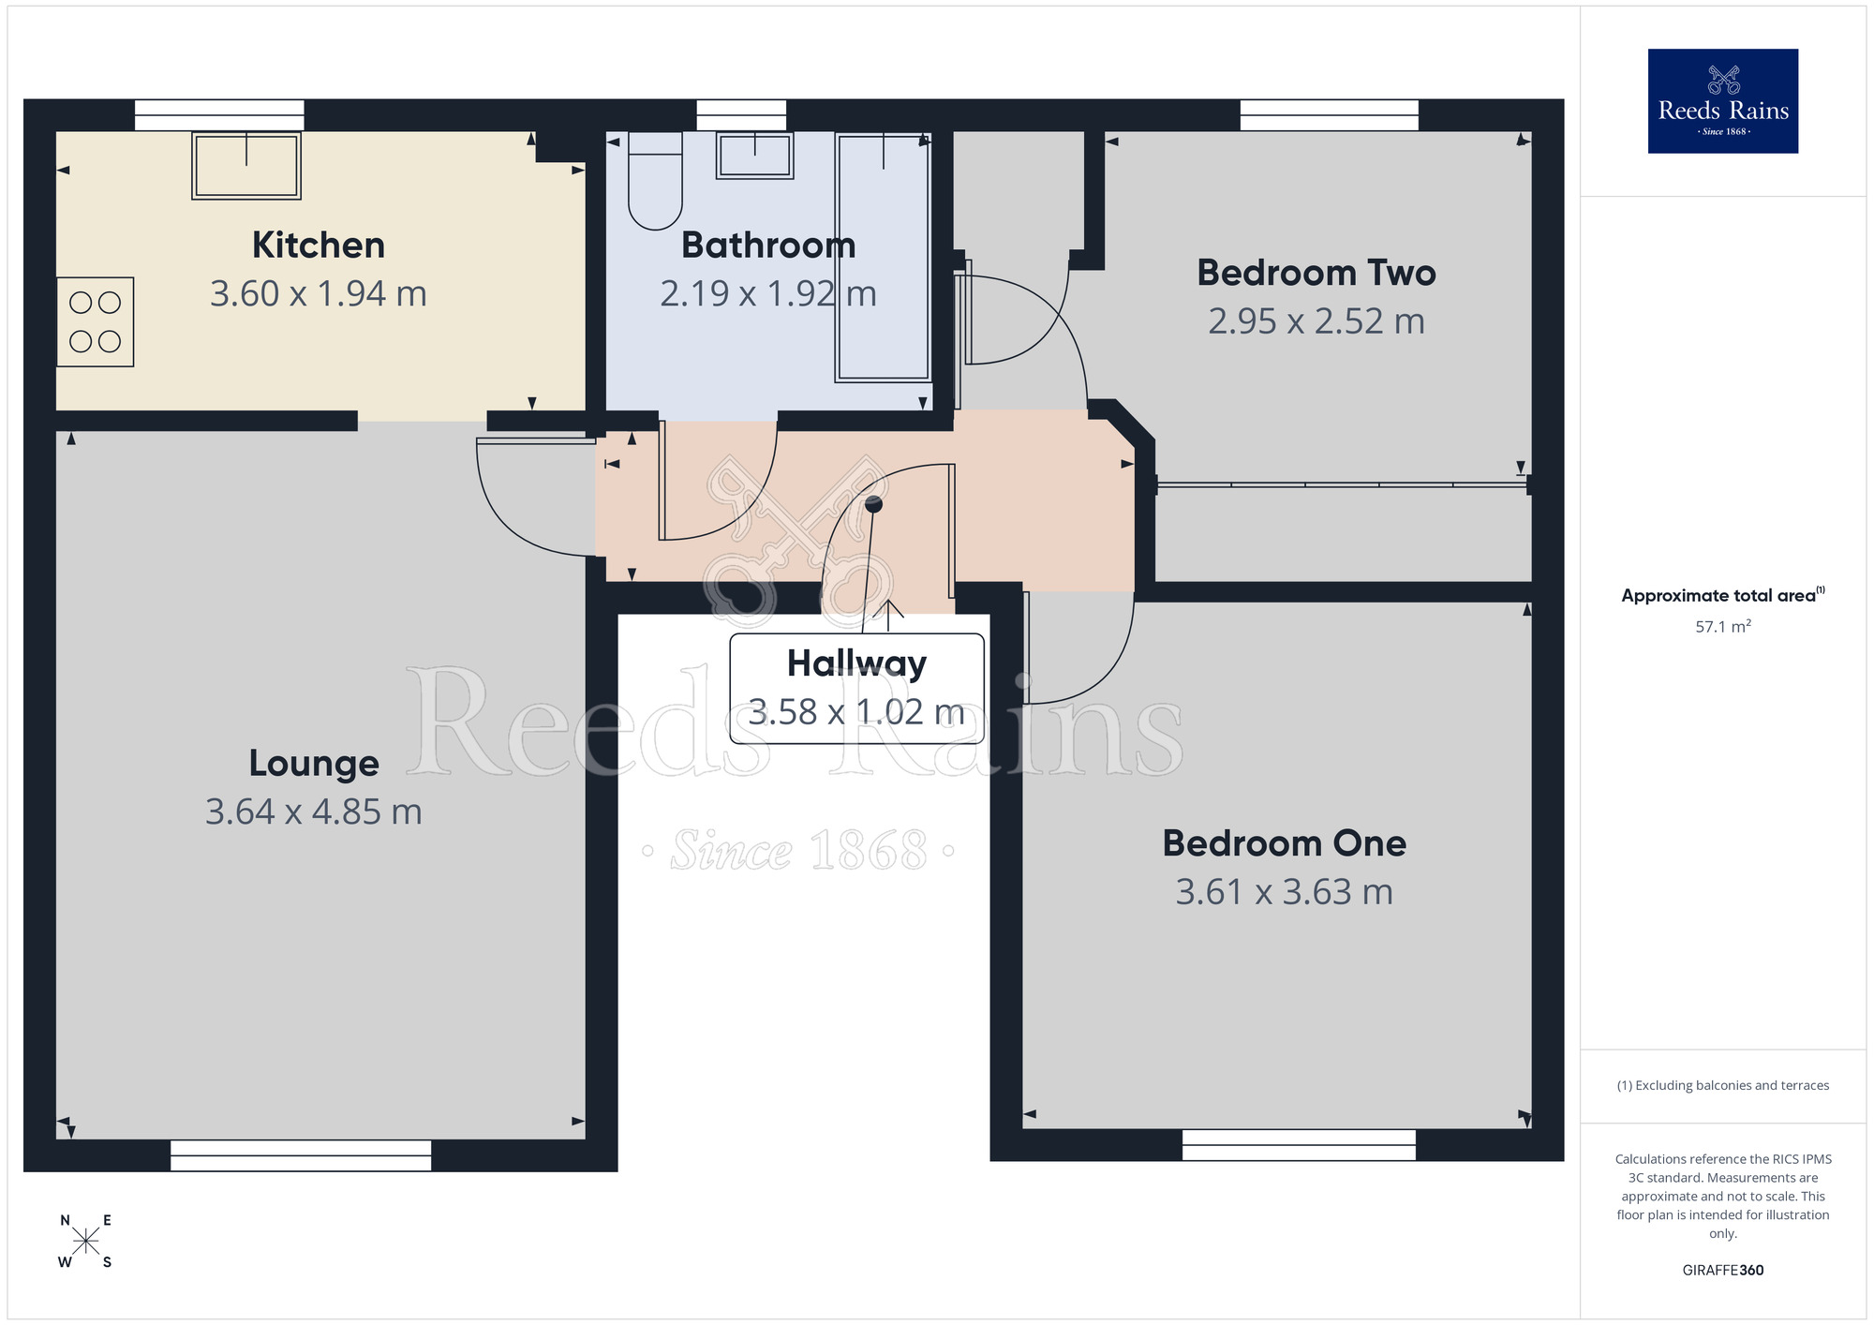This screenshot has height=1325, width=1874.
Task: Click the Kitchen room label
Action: click(318, 246)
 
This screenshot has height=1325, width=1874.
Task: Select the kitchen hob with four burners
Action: click(95, 321)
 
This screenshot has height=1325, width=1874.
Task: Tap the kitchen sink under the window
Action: click(246, 166)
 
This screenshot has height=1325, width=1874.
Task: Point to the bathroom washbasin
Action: click(754, 156)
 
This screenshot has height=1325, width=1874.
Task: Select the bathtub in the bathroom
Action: click(883, 258)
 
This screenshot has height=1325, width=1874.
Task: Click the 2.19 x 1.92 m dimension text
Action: click(767, 294)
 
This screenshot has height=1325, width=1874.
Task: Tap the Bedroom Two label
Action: click(1316, 273)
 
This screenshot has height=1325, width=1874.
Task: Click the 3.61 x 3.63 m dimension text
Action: click(1284, 892)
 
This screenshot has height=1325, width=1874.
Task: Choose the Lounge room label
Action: click(314, 764)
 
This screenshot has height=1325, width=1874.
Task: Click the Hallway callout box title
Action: click(856, 663)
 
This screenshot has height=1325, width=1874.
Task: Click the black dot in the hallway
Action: click(873, 505)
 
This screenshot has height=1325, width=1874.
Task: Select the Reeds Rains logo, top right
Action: click(1722, 101)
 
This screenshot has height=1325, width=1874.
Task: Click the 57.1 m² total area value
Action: click(1722, 627)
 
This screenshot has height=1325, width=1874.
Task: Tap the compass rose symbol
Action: click(85, 1242)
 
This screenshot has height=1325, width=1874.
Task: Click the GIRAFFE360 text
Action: click(1722, 1271)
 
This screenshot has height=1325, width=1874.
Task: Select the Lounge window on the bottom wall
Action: click(301, 1155)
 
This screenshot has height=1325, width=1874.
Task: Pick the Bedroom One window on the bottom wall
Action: click(1298, 1145)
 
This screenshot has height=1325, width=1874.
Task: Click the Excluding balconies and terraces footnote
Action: click(1722, 1086)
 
